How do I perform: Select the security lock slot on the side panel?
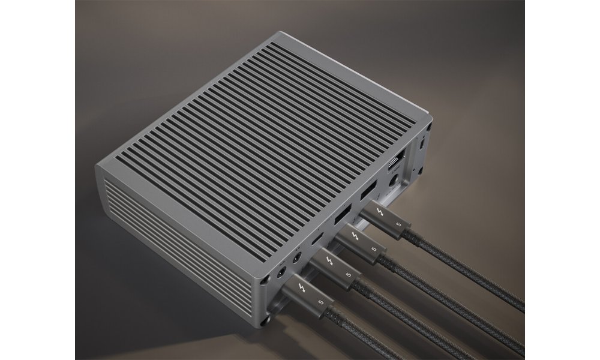422,143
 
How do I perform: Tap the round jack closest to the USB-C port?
296,260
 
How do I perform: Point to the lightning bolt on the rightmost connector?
379,213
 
